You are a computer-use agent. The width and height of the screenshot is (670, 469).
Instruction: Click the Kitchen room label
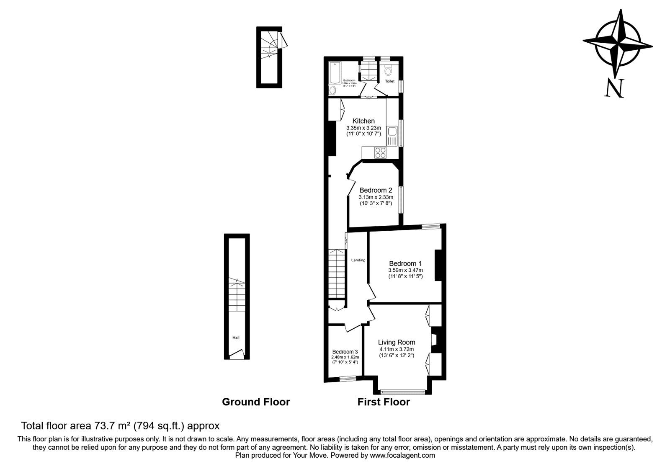click(363, 121)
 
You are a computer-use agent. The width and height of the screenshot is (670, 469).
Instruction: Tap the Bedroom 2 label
click(376, 190)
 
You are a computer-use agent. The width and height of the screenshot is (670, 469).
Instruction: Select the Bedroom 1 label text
click(405, 263)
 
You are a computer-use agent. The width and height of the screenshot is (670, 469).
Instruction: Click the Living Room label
click(396, 342)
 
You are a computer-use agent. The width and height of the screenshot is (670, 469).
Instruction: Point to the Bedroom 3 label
click(345, 352)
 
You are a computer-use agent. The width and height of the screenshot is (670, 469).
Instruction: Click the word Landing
click(358, 260)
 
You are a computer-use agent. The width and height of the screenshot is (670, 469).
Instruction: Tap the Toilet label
click(389, 81)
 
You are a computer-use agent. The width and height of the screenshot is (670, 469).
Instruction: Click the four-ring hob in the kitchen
click(381, 153)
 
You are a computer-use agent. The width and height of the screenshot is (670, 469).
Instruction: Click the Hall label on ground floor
click(236, 338)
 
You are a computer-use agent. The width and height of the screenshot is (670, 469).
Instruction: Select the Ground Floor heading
click(255, 402)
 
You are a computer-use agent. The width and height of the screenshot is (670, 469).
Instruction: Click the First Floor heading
click(383, 402)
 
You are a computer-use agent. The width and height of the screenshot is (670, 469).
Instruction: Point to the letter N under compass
click(614, 88)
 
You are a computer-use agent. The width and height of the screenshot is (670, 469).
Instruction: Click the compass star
click(618, 43)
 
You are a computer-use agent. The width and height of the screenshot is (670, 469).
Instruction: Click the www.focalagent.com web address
click(402, 455)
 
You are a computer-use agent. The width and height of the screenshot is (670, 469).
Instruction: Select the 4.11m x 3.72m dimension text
click(396, 349)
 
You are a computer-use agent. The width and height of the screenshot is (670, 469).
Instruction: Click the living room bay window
click(403, 392)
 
